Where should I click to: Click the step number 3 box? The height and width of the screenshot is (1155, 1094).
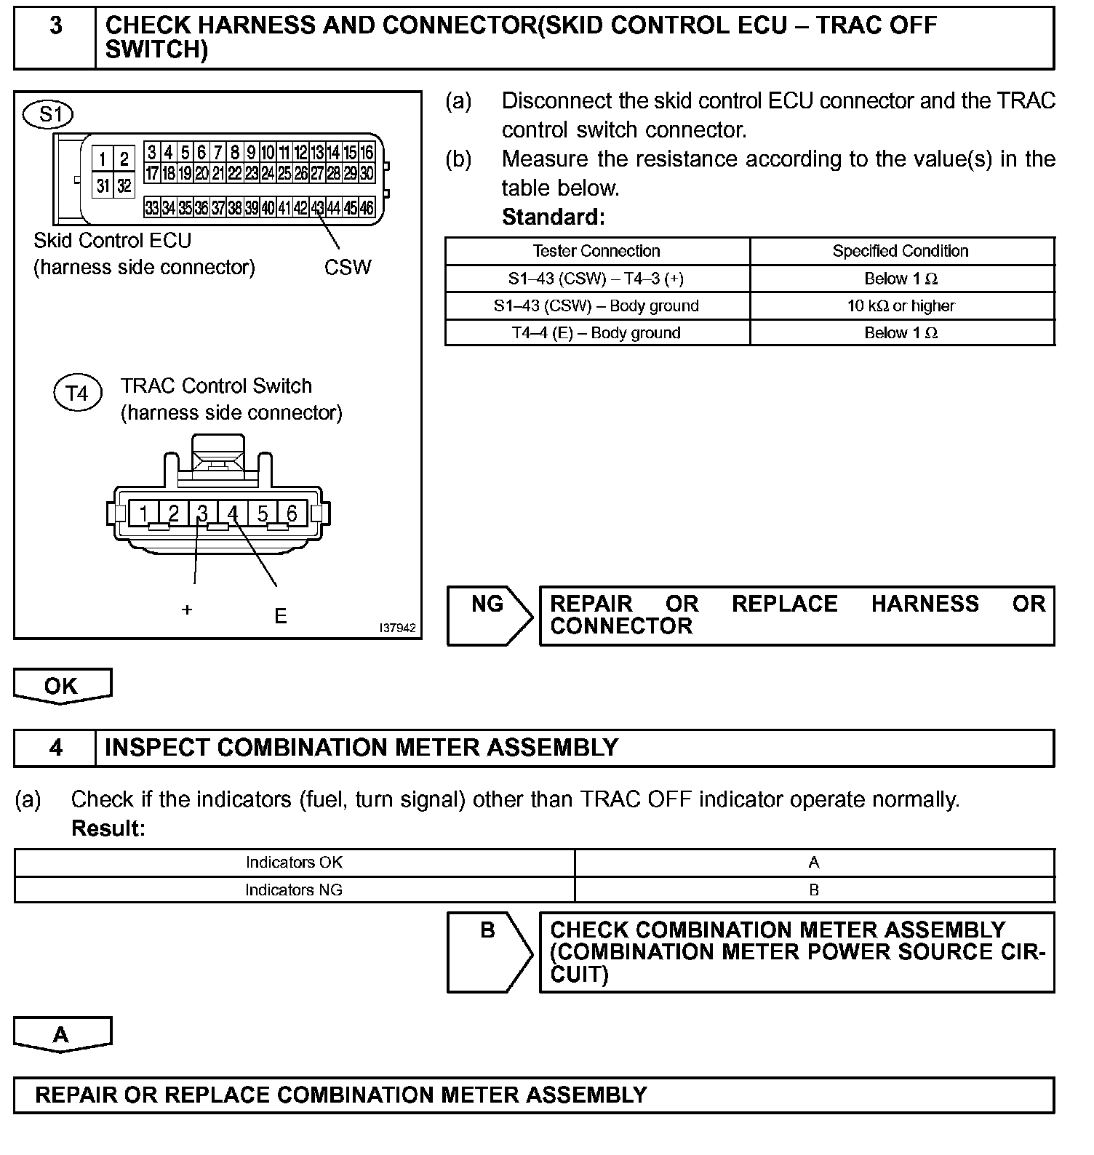55,38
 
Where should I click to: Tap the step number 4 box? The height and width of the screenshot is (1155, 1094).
55,748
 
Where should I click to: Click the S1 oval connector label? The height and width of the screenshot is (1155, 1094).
48,114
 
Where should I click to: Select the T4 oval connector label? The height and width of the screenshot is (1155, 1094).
77,393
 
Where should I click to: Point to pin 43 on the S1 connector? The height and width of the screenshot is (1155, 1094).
317,208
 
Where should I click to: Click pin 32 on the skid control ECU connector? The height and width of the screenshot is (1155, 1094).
124,185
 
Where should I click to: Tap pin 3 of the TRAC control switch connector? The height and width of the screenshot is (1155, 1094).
202,513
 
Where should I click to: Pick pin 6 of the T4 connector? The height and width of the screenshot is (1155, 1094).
292,513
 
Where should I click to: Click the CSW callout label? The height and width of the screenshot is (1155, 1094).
348,268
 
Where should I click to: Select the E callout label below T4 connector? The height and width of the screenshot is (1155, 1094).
280,617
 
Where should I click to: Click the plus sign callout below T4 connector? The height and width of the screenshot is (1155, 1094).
187,610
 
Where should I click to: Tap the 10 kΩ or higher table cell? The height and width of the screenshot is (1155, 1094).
901,306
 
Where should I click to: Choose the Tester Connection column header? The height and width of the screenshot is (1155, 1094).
596,251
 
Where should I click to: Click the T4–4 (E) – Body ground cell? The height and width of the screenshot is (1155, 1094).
596,333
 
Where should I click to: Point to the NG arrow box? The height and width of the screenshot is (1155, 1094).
488,615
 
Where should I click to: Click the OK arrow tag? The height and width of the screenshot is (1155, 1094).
62,686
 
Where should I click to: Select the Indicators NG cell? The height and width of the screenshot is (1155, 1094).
294,890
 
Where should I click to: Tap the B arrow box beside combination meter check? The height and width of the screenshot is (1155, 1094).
488,951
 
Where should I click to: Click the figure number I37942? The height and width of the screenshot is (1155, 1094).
397,628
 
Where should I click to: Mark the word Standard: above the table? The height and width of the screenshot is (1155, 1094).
554,217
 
